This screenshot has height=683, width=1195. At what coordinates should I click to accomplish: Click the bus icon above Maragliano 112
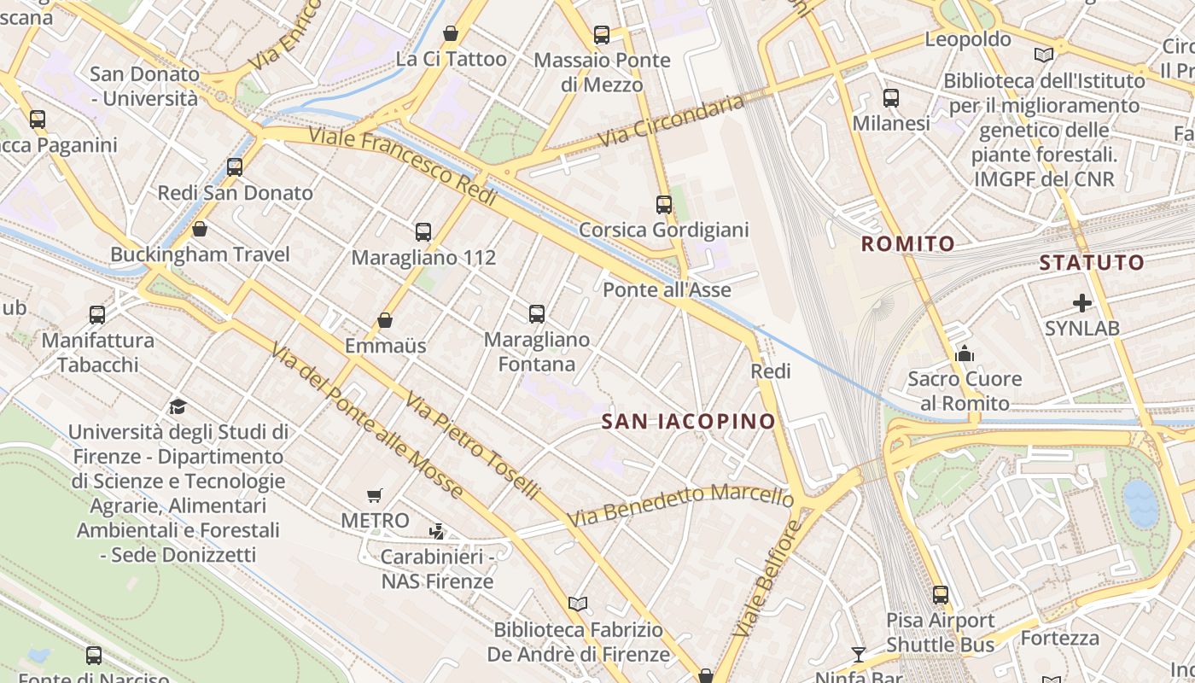(x=423, y=231)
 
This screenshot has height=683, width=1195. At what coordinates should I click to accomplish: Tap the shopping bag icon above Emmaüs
(x=385, y=321)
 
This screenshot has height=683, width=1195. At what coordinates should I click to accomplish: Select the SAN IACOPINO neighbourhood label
(x=689, y=421)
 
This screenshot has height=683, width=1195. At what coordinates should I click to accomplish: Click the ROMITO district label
(x=907, y=244)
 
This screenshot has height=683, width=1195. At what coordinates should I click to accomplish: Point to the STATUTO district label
(x=1092, y=263)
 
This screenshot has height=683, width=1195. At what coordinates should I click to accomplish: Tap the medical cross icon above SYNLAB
(x=1082, y=303)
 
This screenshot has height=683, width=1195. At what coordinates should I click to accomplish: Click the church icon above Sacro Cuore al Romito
(x=965, y=353)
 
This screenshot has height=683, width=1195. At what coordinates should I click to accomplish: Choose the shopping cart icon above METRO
(x=374, y=495)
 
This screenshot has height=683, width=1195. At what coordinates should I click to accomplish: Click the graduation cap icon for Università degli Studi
(x=178, y=406)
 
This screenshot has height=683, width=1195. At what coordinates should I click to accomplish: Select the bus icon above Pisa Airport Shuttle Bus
(x=941, y=595)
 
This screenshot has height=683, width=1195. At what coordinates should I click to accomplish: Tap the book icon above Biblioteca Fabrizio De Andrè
(x=578, y=604)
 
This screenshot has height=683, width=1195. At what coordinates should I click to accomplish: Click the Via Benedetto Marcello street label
(x=680, y=506)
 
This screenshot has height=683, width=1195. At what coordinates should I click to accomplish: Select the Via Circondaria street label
(x=671, y=120)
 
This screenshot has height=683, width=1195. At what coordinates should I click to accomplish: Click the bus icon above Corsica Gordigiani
(x=664, y=205)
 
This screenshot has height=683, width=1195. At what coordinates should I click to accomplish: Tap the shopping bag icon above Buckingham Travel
(x=200, y=229)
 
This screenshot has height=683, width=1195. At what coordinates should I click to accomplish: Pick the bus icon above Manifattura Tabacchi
(x=97, y=315)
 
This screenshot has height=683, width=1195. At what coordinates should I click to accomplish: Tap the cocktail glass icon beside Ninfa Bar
(x=859, y=655)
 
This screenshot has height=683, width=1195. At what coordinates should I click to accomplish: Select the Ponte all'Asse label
(x=667, y=290)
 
